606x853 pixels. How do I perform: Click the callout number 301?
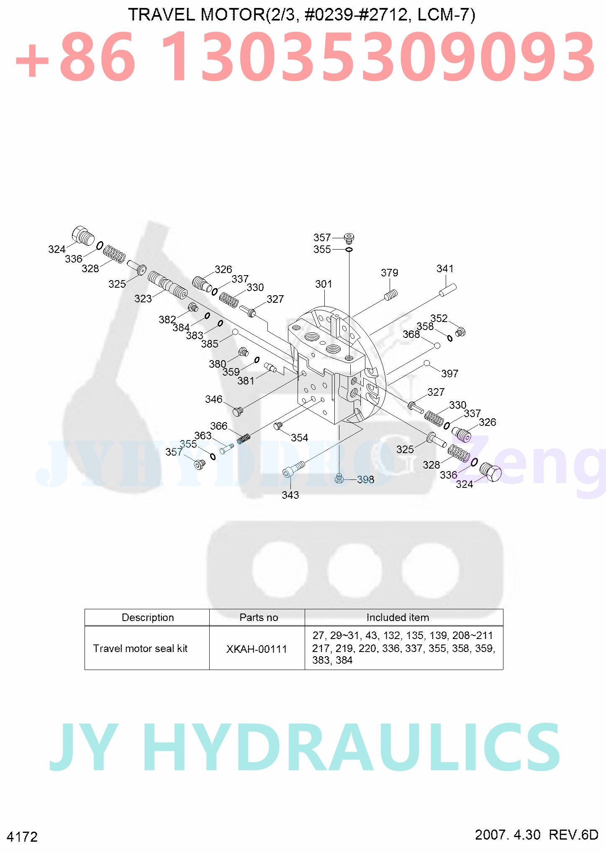pyautogui.click(x=324, y=284)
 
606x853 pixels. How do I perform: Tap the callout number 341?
pyautogui.click(x=445, y=268)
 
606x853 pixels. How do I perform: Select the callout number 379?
pyautogui.click(x=389, y=273)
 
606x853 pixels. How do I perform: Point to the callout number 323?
pyautogui.click(x=143, y=299)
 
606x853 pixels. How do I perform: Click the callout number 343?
pyautogui.click(x=290, y=495)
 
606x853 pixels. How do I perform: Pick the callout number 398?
pyautogui.click(x=365, y=479)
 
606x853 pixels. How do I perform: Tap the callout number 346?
pyautogui.click(x=213, y=399)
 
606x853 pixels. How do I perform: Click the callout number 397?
pyautogui.click(x=449, y=374)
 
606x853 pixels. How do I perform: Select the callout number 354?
pyautogui.click(x=299, y=438)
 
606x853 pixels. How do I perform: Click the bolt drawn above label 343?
pyautogui.click(x=294, y=469)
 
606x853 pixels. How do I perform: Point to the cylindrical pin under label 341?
pyautogui.click(x=448, y=290)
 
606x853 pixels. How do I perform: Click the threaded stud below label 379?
pyautogui.click(x=391, y=295)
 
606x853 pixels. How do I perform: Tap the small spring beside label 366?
pyautogui.click(x=244, y=438)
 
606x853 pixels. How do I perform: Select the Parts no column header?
pyautogui.click(x=259, y=618)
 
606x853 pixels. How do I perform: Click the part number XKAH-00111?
pyautogui.click(x=257, y=649)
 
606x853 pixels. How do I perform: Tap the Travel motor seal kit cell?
pyautogui.click(x=140, y=649)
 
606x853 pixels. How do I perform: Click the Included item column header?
pyautogui.click(x=398, y=618)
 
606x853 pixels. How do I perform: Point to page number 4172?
pyautogui.click(x=22, y=837)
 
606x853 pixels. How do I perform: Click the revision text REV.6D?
pyautogui.click(x=573, y=835)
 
